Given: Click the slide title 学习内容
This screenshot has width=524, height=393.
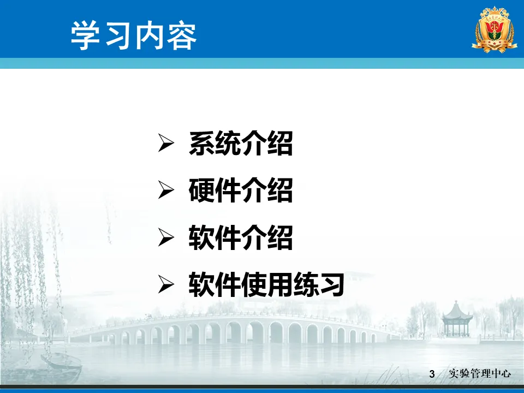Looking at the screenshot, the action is [134, 35].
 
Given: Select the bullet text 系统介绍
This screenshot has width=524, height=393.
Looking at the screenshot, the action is [241, 144].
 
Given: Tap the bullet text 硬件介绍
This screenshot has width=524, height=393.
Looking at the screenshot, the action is [241, 190].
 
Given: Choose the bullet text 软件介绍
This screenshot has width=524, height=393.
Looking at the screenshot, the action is [241, 237].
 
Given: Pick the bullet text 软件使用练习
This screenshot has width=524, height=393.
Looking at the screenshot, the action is [267, 285].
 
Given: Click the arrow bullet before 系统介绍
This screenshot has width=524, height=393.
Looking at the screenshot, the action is [166, 143].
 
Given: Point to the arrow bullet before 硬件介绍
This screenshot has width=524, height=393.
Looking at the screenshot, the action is [166, 190].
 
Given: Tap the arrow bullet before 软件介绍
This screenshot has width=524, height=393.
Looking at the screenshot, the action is [166, 237].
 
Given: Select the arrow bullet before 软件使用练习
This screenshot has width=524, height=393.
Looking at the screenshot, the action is [166, 284].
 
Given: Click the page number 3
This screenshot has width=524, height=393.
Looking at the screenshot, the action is [432, 374].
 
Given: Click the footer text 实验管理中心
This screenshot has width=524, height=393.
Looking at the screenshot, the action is [480, 373].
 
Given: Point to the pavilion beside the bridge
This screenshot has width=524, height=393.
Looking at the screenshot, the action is [456, 319].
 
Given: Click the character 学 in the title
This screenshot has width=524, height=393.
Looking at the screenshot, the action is [85, 36].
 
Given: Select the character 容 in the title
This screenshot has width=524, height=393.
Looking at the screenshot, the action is [182, 36].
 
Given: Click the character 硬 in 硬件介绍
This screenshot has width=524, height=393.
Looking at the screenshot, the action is [201, 190].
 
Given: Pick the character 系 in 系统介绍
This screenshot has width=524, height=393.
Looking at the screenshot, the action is [201, 144].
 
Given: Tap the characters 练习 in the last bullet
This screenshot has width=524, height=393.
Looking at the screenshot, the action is [319, 285].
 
